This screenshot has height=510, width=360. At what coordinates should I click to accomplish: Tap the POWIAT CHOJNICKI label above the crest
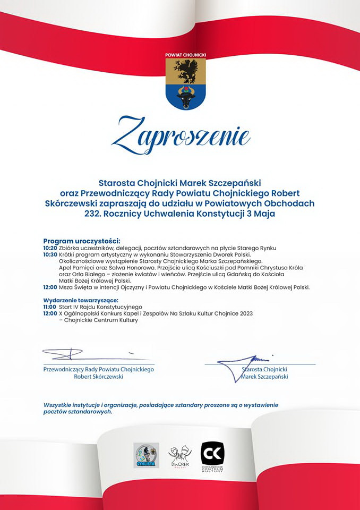tap(185, 55)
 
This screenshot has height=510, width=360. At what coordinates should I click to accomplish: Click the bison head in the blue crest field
tap(186, 97)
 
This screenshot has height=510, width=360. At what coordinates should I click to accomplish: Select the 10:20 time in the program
tap(50, 248)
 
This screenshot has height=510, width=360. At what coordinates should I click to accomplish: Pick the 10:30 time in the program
tap(50, 254)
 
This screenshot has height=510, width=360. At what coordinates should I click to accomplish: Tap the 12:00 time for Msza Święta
tap(50, 287)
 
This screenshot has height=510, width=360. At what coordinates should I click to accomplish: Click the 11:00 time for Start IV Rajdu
tap(50, 307)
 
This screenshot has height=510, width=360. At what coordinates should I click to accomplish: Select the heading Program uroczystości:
tap(82, 241)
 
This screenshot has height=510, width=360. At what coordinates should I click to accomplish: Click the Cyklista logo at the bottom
tap(146, 455)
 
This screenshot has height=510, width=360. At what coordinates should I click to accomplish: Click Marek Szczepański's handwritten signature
tap(247, 364)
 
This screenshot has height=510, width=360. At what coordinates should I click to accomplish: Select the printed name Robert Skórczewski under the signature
tap(99, 376)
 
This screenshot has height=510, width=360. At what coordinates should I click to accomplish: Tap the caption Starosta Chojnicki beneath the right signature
tap(264, 369)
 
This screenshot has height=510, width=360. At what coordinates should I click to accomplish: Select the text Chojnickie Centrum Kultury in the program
tap(101, 320)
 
